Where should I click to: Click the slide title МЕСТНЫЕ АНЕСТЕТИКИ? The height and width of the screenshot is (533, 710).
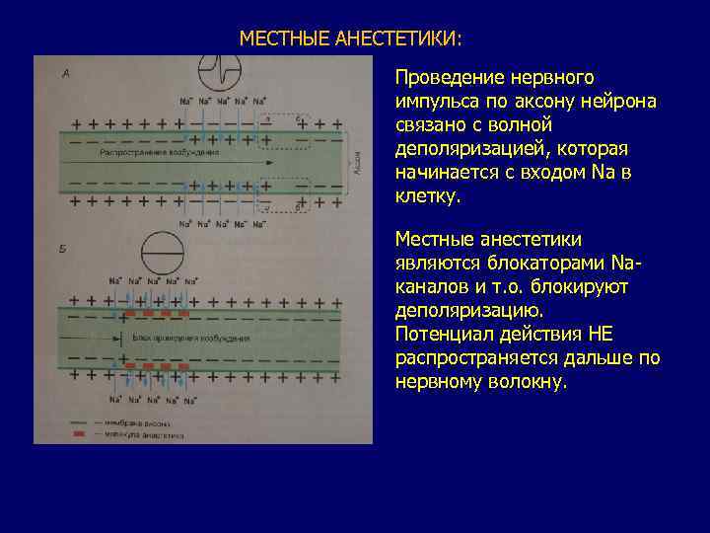349,38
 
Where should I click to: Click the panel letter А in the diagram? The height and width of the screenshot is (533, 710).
65,73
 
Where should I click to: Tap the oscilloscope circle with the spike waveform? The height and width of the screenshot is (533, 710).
221,71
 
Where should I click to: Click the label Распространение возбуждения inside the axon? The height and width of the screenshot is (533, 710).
159,153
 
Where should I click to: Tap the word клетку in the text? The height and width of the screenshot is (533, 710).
425,196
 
